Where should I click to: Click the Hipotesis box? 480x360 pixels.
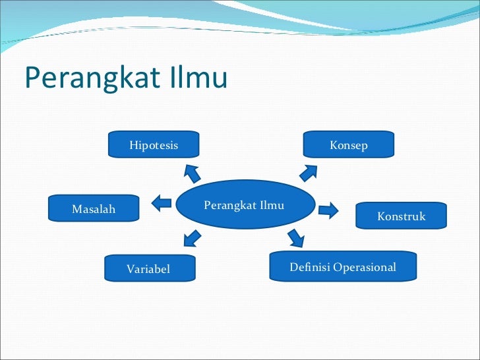point(154,144)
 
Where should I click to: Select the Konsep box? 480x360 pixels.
point(348,144)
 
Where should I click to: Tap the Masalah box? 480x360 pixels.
point(94,208)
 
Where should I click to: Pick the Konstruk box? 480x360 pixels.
point(401,216)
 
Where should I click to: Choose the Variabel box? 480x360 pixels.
point(150,268)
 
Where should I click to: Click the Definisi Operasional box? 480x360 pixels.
point(343,266)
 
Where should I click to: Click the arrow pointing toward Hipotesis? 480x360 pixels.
point(192,173)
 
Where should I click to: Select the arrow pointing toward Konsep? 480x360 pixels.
point(309,171)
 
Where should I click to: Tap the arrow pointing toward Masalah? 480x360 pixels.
point(162,204)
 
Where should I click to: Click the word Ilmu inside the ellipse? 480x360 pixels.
point(272,205)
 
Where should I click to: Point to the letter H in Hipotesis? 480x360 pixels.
point(133,145)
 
